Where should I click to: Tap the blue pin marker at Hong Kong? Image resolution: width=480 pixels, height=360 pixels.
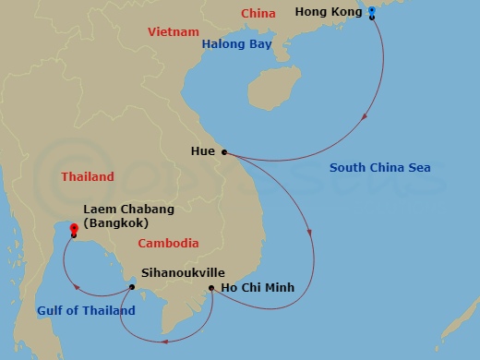point(371,12)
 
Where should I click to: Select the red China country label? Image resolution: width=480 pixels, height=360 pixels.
point(258,13)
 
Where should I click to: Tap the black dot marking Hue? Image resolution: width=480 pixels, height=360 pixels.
point(224,152)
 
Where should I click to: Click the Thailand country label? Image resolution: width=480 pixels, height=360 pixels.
point(88,176)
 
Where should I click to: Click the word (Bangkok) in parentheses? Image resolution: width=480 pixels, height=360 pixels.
point(115,223)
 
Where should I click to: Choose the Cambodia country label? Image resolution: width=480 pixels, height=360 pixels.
point(168,244)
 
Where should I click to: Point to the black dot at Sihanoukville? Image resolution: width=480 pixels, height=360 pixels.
point(132,286)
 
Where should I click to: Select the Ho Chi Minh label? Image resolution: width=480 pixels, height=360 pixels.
point(258,288)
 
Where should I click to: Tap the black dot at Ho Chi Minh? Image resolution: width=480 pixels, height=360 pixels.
point(212,288)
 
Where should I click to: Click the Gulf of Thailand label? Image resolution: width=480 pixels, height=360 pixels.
point(87,311)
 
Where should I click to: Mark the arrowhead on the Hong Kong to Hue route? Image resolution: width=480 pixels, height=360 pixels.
point(368,117)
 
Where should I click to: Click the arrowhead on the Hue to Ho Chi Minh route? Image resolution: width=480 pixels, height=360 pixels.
point(312,245)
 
